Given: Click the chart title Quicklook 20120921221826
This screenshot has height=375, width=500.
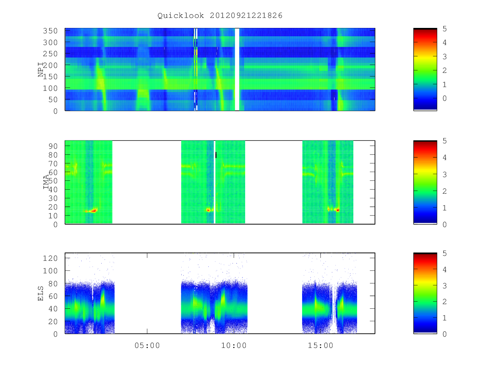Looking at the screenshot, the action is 220,15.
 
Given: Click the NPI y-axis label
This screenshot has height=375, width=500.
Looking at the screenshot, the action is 41,70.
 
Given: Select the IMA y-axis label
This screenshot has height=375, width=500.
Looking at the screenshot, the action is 46,182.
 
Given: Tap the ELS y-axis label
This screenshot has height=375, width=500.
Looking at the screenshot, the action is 40,293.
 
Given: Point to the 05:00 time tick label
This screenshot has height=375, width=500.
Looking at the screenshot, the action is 147,345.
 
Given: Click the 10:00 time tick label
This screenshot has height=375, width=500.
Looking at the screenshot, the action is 234,345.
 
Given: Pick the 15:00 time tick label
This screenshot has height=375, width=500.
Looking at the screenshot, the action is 320,345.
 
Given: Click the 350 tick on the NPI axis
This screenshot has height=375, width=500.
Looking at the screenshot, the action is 50,31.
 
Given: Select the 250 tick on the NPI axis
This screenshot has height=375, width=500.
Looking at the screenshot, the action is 50,54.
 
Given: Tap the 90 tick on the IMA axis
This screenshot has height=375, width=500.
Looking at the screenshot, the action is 53,146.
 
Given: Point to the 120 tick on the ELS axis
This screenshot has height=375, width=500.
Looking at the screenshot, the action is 50,258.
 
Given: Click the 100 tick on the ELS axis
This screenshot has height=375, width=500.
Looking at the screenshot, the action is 50,271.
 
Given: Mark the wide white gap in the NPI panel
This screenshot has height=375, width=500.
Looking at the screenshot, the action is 237,70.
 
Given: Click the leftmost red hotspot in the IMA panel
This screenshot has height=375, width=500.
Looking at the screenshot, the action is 93,210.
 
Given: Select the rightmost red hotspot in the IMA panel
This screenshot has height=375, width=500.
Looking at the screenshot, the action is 337,210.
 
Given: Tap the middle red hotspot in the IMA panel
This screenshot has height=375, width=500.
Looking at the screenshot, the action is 208,210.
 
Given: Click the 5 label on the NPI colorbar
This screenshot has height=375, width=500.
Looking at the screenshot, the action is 445,29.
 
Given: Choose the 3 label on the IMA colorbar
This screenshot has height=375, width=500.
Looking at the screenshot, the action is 445,175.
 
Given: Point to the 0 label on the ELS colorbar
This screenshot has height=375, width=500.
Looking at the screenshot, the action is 445,334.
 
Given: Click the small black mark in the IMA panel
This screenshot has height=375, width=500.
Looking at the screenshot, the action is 216,155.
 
